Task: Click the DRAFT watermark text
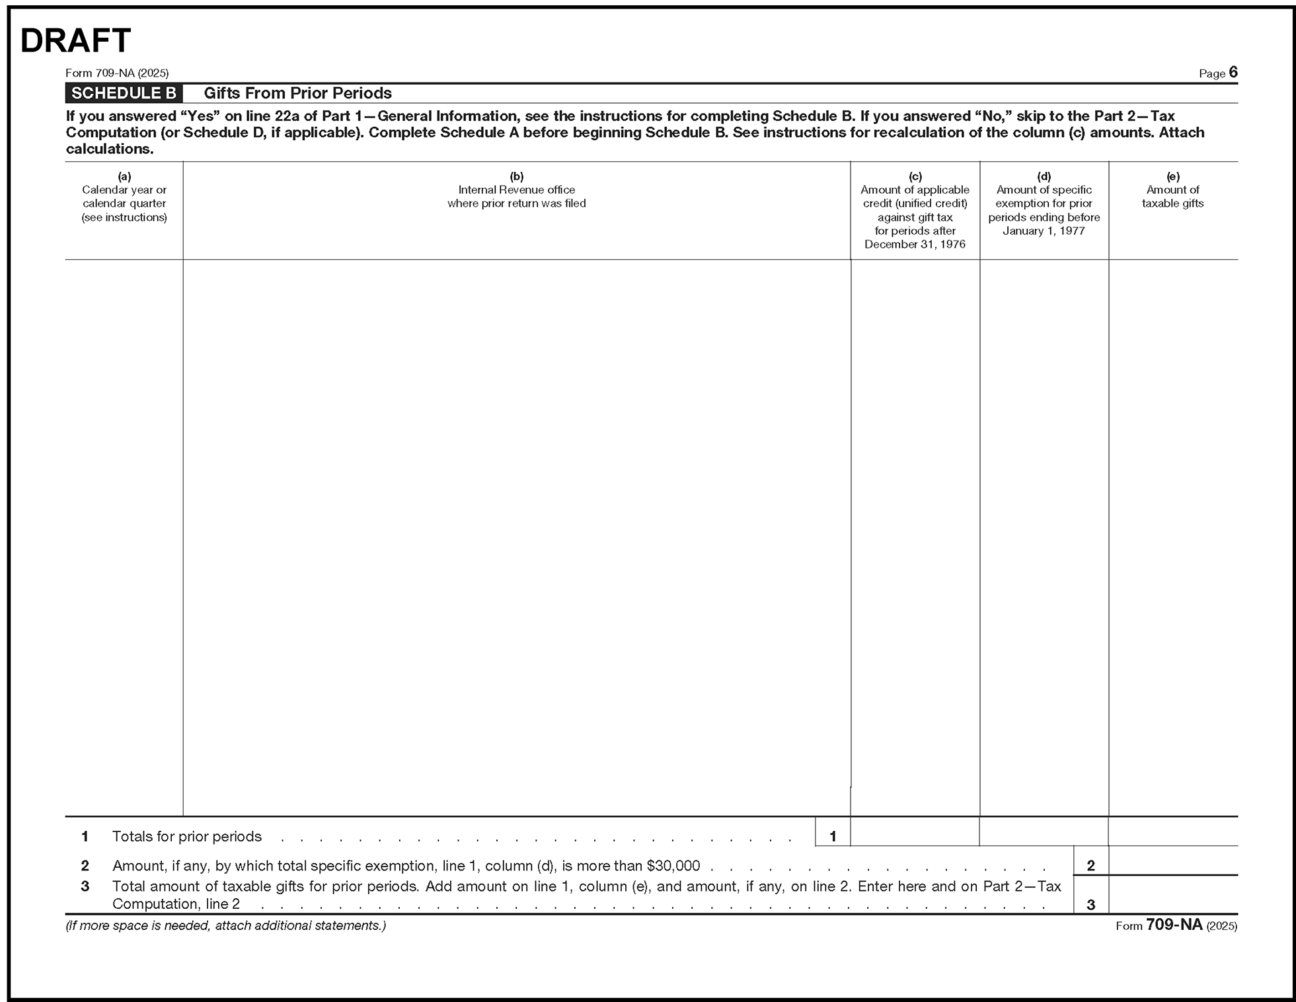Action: click(x=76, y=41)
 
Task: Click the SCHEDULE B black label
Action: click(x=124, y=93)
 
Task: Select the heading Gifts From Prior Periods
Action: click(x=297, y=93)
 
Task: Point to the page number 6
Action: click(x=1233, y=73)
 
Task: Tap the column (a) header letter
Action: click(x=124, y=176)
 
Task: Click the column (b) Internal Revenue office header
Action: click(x=516, y=196)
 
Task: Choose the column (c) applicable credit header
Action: click(x=915, y=210)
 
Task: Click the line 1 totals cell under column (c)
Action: click(x=915, y=832)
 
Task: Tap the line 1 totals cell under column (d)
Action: click(x=1044, y=832)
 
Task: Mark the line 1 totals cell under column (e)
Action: click(x=1172, y=832)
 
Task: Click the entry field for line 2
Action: click(x=1172, y=861)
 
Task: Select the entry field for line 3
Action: click(x=1172, y=896)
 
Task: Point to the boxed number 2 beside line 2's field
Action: click(x=1090, y=865)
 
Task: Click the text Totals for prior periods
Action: click(x=187, y=837)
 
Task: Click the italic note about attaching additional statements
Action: click(x=225, y=925)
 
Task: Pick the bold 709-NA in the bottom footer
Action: click(x=1174, y=925)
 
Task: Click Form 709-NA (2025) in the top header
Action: click(x=117, y=73)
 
